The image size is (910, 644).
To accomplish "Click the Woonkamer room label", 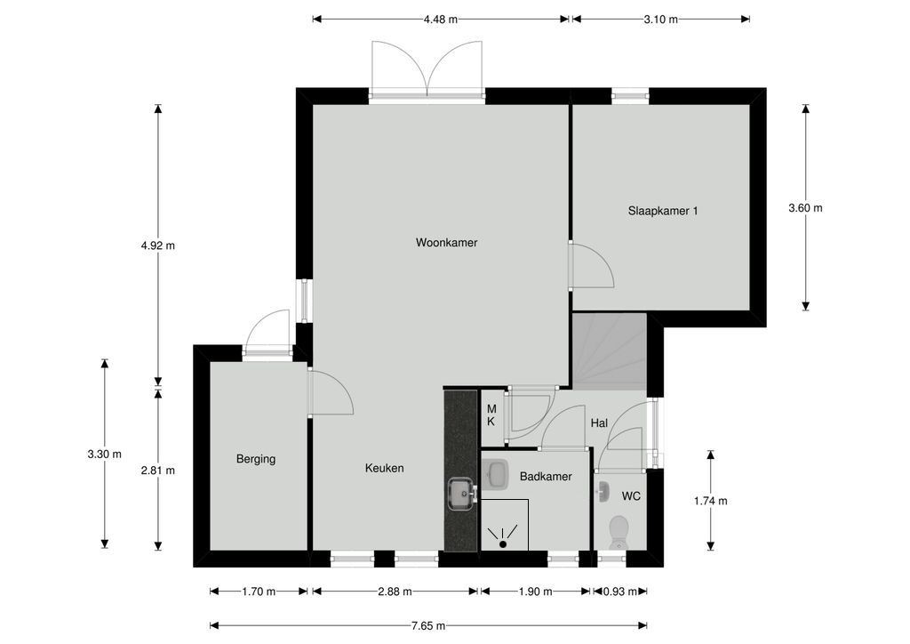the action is coord(446,243).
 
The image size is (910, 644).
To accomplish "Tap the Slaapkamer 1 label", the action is coord(663,211).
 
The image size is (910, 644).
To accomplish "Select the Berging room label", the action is coord(256,459).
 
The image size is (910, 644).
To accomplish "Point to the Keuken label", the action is coord(384,468).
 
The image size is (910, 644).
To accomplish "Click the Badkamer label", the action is coord(546,477).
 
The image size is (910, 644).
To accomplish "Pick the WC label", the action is coord(631,496).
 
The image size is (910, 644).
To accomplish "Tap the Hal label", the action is coord(599,423).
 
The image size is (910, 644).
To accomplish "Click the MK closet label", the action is coord(491,415).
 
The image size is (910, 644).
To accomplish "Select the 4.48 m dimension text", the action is coord(441,20).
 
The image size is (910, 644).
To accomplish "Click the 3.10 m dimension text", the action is coord(661,20).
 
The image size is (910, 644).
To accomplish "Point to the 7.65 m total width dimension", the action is coord(428,626).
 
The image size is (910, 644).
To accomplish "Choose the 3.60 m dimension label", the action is coord(805,208).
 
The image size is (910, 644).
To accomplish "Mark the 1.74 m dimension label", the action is coord(710,501).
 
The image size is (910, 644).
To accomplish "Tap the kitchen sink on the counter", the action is coord(462,495).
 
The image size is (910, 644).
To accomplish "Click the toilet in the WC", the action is coord(619,532).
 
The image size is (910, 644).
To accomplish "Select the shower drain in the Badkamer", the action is coord(503,544).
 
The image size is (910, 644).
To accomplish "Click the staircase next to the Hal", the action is coord(610,351).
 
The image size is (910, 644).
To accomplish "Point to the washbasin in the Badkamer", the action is coord(494,474).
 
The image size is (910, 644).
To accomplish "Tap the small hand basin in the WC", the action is coord(602,493).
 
